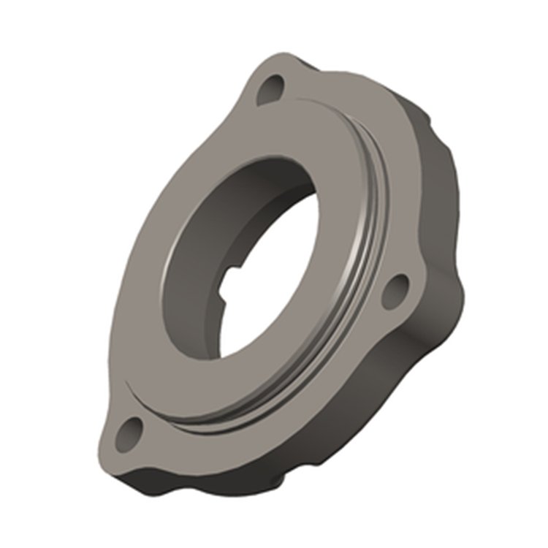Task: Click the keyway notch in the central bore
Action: pos(236,281)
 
